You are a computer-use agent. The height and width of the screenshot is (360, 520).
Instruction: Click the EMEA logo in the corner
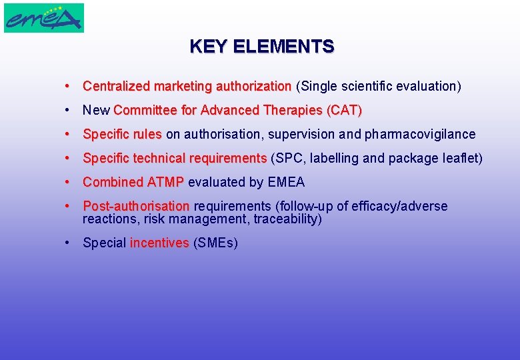(x=44, y=18)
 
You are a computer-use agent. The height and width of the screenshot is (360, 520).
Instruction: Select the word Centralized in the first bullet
(x=117, y=86)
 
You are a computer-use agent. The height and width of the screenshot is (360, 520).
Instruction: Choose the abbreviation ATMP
(x=165, y=182)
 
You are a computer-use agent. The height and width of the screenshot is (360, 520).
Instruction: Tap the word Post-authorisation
(x=136, y=206)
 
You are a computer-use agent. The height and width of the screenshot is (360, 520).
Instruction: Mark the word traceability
(x=286, y=219)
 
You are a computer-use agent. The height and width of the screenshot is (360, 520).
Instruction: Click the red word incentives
(x=159, y=243)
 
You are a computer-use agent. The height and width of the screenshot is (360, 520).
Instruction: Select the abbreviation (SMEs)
(x=215, y=243)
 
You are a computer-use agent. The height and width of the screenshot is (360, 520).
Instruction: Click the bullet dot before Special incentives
(x=68, y=243)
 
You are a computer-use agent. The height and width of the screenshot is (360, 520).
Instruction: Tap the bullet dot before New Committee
(x=68, y=110)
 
